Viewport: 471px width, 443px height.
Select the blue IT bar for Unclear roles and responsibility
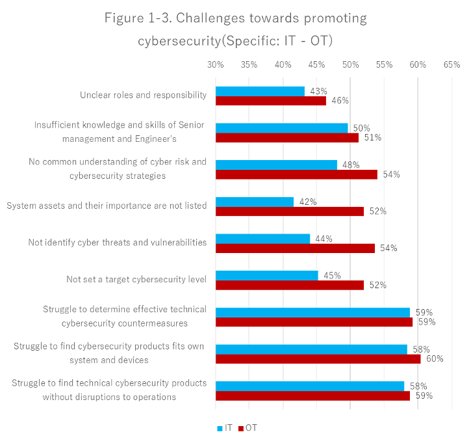coord(260,91)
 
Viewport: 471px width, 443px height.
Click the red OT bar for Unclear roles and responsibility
coord(270,101)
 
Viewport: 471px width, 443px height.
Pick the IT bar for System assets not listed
coord(255,202)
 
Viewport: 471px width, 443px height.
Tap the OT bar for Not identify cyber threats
coord(295,248)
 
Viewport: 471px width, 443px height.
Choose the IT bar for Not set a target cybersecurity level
coord(266,275)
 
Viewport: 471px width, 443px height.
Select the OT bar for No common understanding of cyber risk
coord(296,174)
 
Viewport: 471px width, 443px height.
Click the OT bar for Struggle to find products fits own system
coord(318,358)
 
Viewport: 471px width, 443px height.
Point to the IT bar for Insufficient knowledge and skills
coord(281,128)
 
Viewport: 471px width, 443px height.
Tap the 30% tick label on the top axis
coord(215,65)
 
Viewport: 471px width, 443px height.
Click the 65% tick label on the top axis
coord(452,65)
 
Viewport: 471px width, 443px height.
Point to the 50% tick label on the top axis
coord(350,65)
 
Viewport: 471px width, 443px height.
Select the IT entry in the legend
coord(225,428)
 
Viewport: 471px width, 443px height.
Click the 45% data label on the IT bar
coord(332,275)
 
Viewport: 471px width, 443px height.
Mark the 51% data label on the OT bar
coord(372,137)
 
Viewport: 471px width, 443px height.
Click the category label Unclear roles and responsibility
coord(143,95)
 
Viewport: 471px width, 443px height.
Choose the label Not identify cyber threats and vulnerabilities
coord(117,243)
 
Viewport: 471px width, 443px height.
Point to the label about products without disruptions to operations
coord(109,390)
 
